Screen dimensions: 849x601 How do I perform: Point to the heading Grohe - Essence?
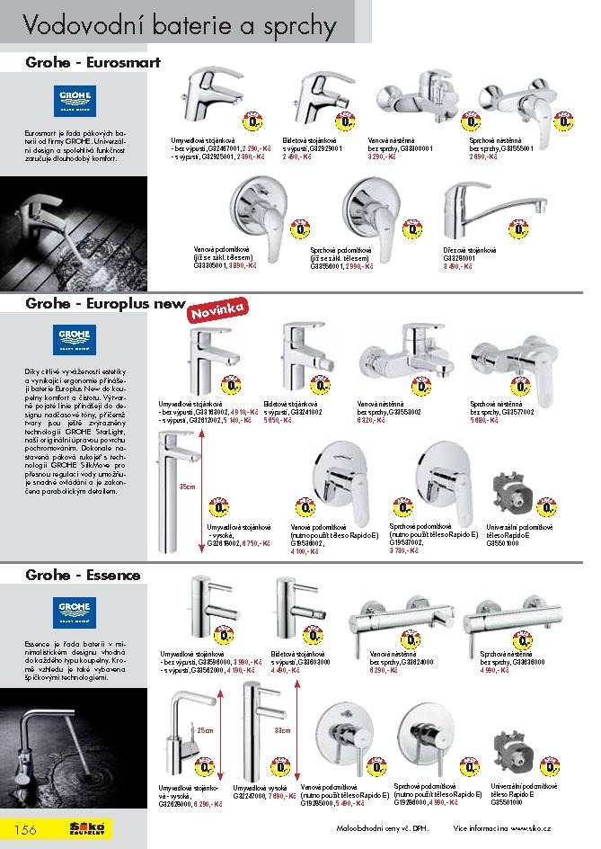coord(70,573)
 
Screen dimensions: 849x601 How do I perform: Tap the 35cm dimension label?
coord(186,487)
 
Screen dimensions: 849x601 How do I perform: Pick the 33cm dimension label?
coord(282,729)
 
